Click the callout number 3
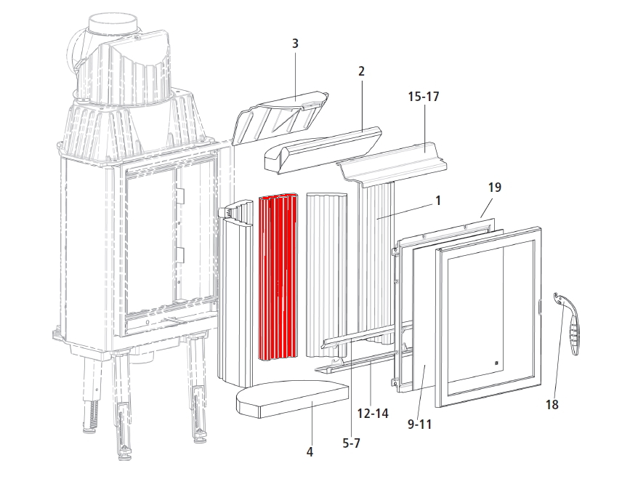click(x=295, y=44)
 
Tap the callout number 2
click(x=361, y=71)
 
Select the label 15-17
click(x=424, y=97)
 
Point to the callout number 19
click(x=495, y=188)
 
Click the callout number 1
click(x=438, y=200)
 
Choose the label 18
click(x=552, y=404)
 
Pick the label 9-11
click(x=419, y=424)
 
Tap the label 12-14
click(x=373, y=413)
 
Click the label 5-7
click(x=351, y=443)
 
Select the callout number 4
click(x=310, y=452)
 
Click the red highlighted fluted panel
click(x=278, y=277)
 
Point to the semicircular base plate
click(x=292, y=399)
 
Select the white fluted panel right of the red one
click(x=326, y=275)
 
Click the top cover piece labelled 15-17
click(x=392, y=162)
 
